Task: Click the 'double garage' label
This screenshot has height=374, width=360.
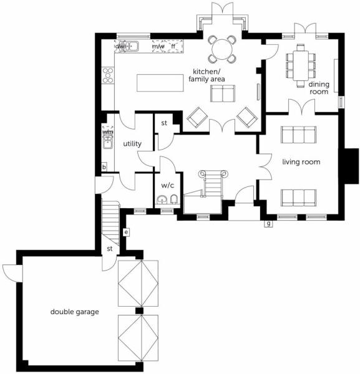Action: point(74,310)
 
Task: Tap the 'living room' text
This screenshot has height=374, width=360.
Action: point(301,162)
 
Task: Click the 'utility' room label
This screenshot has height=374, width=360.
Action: point(132,144)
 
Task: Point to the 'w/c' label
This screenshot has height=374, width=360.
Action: point(167,185)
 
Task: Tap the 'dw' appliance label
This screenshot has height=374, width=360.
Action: point(119,46)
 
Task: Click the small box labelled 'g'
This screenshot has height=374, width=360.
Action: point(268,223)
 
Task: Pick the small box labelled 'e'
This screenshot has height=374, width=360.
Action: point(126,232)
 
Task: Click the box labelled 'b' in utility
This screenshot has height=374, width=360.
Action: point(104,167)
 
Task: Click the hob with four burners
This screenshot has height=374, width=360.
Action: point(107,74)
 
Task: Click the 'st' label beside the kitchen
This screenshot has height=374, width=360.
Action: point(164,123)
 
